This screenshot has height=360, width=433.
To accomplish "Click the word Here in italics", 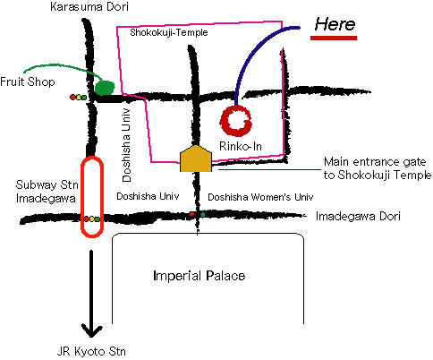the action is coord(335,24).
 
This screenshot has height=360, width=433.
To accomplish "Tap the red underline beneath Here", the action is coord(334,38).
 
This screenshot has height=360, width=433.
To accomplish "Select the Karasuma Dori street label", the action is coord(89,7).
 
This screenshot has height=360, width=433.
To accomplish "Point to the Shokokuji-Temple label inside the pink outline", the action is coord(169,32).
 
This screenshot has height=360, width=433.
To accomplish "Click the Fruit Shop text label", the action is coord(28,81).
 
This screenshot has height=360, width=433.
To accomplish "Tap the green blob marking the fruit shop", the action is coord(105,88).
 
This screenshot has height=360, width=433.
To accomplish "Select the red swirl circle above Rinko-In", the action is coord(236,121).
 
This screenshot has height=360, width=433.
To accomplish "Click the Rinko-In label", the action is coord(241,146).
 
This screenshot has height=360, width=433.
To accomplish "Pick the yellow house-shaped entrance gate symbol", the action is coord(196,159).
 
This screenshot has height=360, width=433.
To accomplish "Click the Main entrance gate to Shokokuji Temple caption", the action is coord(378,168).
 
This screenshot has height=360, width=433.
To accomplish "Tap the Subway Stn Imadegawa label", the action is coord(47,192).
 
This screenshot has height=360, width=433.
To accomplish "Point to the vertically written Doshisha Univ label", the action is coord(126,145).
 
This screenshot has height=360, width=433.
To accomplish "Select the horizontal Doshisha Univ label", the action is coord(148,196).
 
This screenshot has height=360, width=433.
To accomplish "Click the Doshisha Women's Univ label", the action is coord(260,197).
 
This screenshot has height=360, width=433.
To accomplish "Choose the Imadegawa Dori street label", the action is coord(358,216).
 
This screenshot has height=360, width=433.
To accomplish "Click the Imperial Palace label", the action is coord(199,276).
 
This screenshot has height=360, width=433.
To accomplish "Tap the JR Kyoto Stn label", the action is coord(91,351).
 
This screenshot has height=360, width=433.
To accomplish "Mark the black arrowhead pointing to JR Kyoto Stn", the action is coord(91,331).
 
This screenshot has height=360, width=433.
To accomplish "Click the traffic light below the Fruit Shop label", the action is coord(78,97).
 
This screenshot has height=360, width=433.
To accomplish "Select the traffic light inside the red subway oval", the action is coord(91,219).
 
